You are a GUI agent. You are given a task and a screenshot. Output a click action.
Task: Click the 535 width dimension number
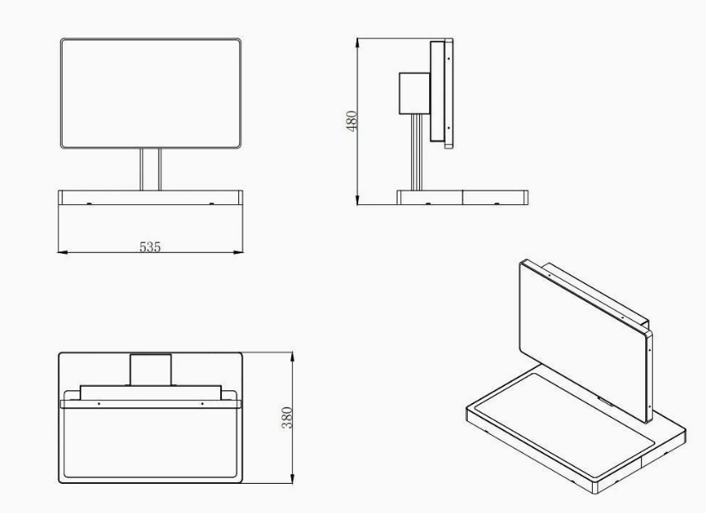pos(150,246)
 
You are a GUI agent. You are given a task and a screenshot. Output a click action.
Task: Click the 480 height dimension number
pos(351,121)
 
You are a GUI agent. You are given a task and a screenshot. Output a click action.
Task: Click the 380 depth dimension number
pos(287,418)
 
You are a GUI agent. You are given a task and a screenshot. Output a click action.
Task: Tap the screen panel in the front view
pos(151,94)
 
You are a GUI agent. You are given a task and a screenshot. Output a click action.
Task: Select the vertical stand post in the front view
pos(151,170)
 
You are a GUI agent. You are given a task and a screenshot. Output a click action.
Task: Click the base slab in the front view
pos(151,197)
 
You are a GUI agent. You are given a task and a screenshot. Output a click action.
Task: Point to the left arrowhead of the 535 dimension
pos(63,252)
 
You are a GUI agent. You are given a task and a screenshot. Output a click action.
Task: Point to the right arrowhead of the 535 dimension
pos(238,252)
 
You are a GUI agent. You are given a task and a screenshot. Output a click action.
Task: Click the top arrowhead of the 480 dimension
pos(357,43)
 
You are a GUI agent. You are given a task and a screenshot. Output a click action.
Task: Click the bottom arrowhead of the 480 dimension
pos(357,200)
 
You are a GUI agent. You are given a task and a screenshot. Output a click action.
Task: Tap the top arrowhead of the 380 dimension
pos(293,357)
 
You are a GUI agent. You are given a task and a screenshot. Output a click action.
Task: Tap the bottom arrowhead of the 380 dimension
pos(293,479)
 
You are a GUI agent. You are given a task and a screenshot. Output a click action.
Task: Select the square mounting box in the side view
pos(414,94)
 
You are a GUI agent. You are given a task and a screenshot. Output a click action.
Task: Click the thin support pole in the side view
pos(417,153)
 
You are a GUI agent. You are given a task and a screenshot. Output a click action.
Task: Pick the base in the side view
pos(463,197)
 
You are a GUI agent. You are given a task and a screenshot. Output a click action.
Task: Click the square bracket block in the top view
pos(151,370)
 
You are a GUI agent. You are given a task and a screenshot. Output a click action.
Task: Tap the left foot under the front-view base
pos(89,204)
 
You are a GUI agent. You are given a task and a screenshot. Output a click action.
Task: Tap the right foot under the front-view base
pos(212,204)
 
